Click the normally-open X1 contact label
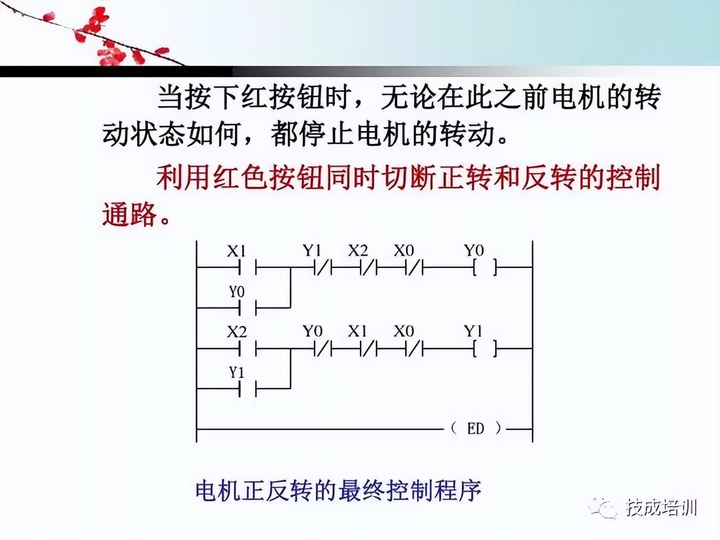pos(236,251)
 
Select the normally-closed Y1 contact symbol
pos(321,269)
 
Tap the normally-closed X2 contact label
pos(357,250)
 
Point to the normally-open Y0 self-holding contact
pos(248,308)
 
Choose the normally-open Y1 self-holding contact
pos(248,388)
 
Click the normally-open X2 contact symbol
pos(248,349)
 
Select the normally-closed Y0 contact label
pos(312,331)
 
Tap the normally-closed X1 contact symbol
pos(366,349)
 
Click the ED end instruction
pos(476,429)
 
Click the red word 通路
pos(130,214)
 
